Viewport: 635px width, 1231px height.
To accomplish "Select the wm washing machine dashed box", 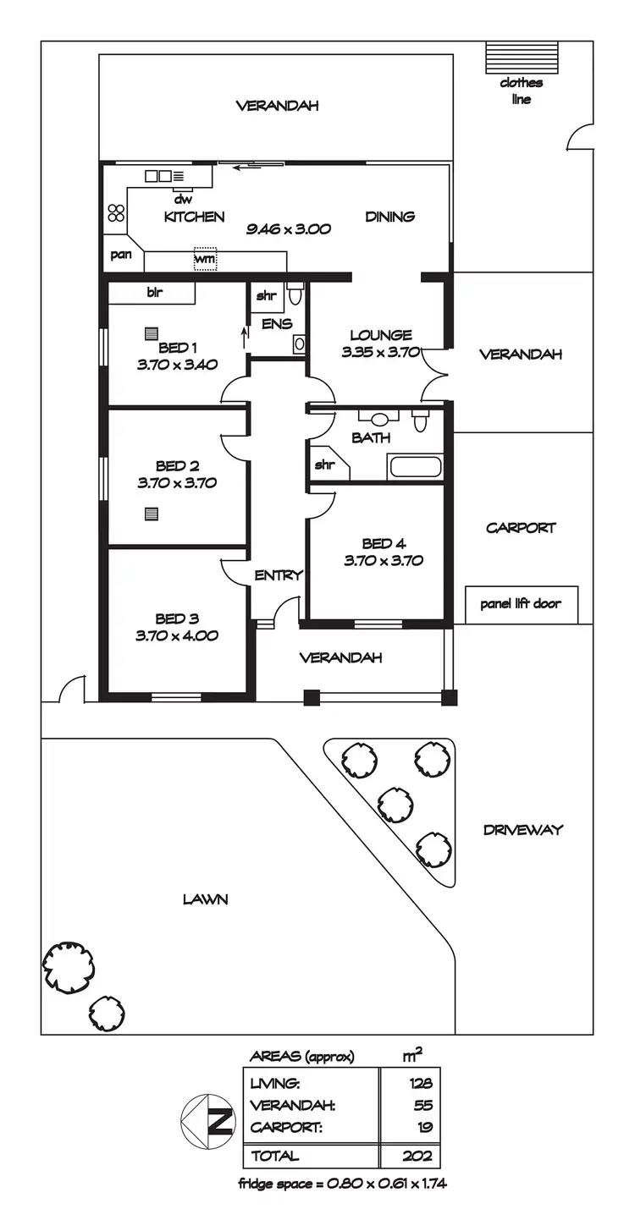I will [x=205, y=259].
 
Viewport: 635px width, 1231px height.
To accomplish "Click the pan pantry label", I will [x=121, y=254].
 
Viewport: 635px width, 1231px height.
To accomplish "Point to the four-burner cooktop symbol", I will [x=116, y=213].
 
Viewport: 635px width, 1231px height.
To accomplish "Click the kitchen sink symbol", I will [x=159, y=176].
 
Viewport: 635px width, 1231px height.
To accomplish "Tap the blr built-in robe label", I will [x=154, y=293].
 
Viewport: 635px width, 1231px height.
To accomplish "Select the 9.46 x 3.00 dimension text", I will [x=288, y=228].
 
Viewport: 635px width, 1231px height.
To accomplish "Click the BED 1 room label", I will [x=177, y=348].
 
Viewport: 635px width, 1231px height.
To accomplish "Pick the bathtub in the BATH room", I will [x=414, y=466].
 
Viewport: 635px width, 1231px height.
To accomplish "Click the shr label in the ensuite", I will [x=267, y=297].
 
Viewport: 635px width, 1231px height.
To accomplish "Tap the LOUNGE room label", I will [x=380, y=335].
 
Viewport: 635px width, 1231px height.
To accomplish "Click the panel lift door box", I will [x=522, y=604].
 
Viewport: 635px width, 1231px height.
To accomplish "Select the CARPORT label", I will [x=521, y=528].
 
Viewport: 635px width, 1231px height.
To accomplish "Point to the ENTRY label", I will [x=279, y=575].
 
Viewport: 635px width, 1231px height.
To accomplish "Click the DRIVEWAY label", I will [x=522, y=830].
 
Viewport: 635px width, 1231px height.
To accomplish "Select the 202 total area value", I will [x=420, y=1156].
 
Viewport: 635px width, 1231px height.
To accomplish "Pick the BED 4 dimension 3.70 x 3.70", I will [x=384, y=560].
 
